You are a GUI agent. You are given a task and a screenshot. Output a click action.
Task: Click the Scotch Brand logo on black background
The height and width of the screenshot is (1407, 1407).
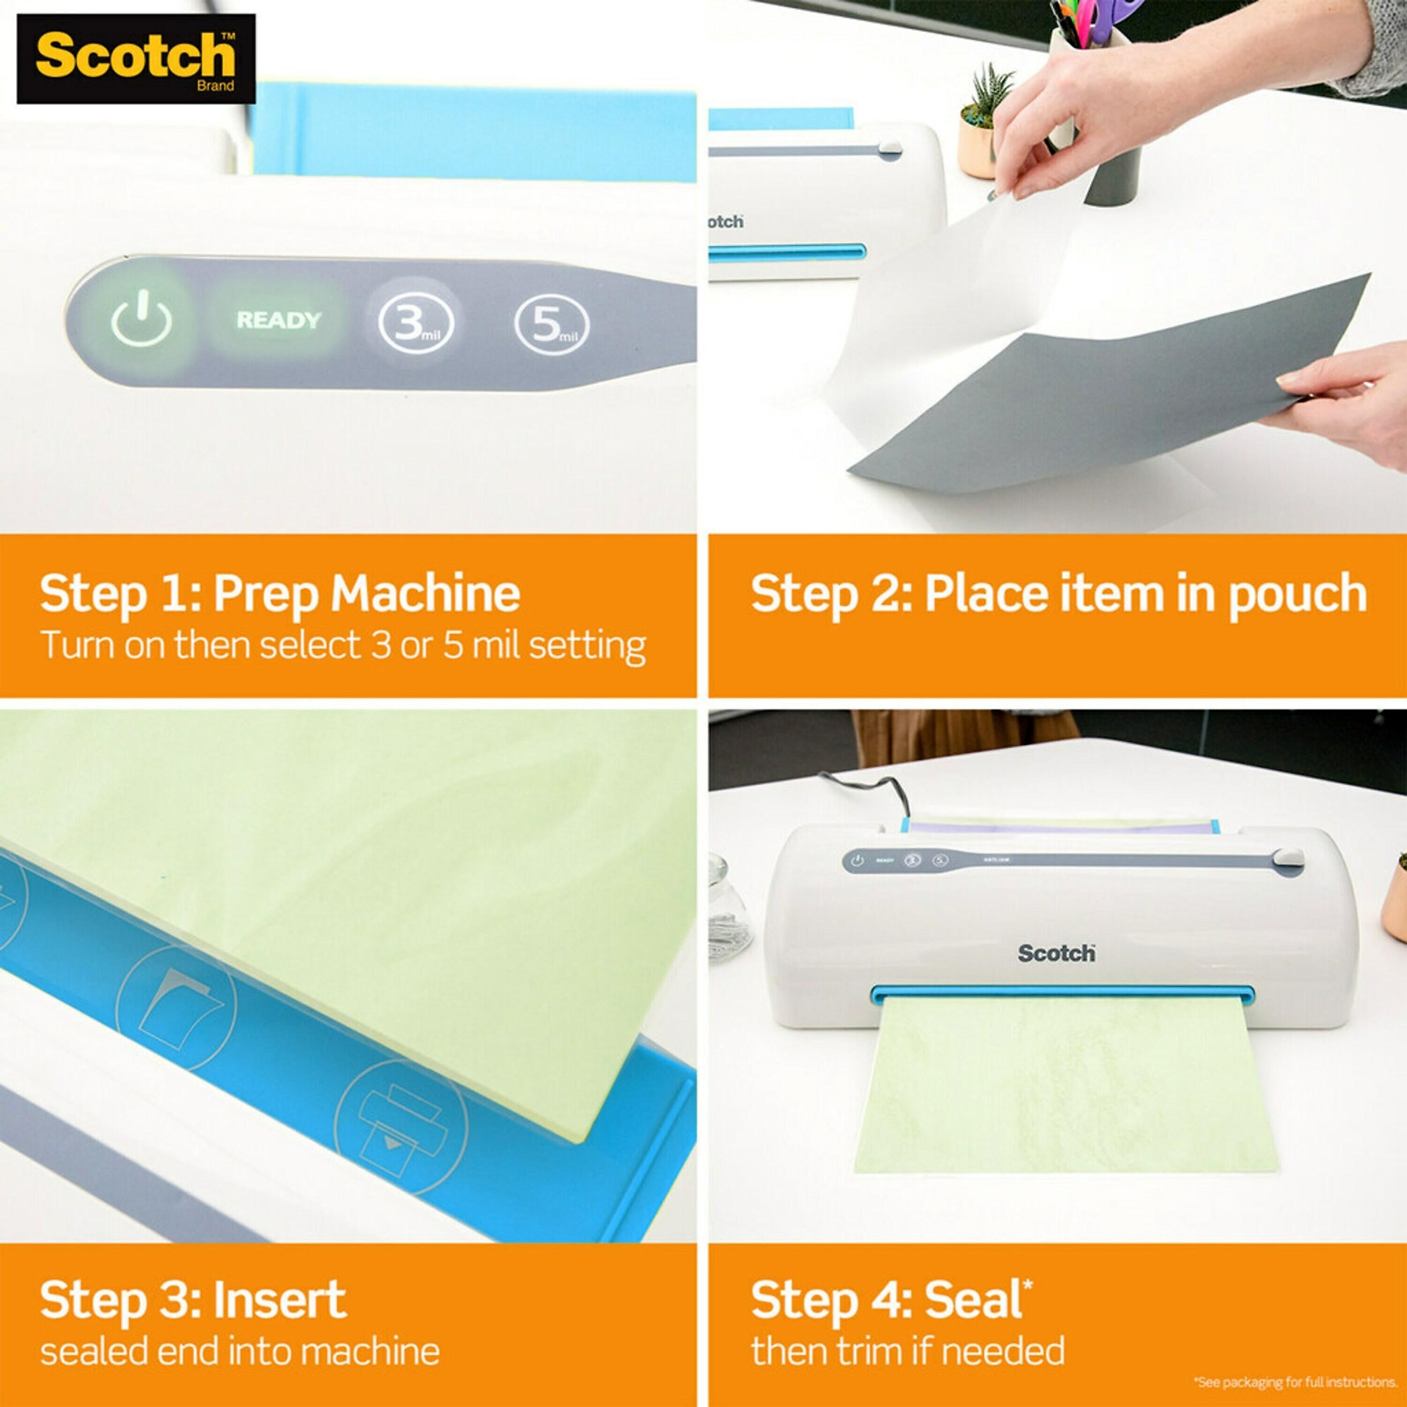pos(136,58)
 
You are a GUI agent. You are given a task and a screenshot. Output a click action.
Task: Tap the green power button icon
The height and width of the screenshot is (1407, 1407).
pos(141,320)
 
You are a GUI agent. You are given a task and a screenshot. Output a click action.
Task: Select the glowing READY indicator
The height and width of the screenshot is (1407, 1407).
pos(278,320)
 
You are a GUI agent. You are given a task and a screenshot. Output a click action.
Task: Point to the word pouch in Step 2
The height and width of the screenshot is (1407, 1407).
pos(1297,594)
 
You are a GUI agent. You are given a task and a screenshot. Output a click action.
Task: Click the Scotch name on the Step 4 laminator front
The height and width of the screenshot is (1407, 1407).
pos(1056,953)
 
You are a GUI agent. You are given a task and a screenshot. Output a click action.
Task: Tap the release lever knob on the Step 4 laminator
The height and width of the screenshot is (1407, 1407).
pos(1287,857)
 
